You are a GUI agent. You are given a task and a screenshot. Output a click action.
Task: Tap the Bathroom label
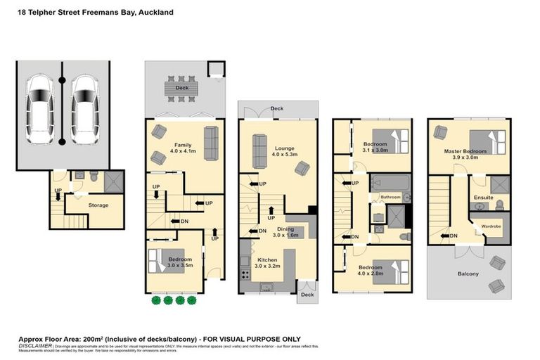[390, 198]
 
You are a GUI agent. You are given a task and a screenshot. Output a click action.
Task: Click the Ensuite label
[484, 198]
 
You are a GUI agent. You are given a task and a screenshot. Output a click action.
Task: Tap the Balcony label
[468, 274]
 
